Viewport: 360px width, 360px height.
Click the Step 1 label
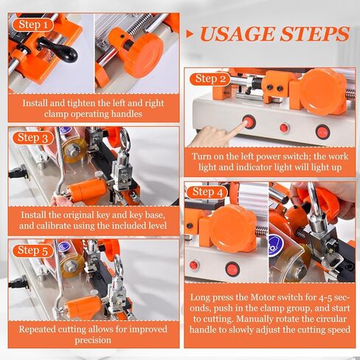[35, 24]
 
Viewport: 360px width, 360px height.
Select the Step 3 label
[35, 137]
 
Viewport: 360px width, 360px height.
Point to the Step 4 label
[207, 193]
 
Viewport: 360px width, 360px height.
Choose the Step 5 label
[35, 250]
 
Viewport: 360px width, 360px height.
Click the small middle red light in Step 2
[284, 128]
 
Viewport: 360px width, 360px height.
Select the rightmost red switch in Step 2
[322, 132]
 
